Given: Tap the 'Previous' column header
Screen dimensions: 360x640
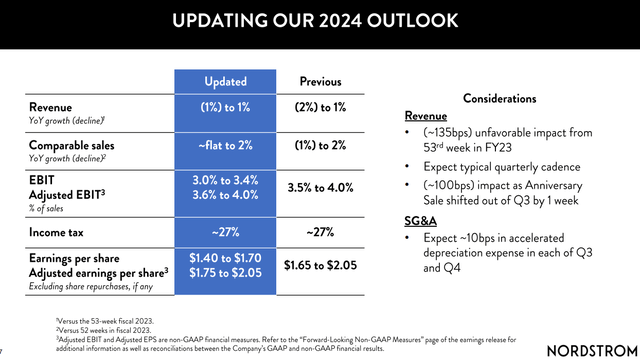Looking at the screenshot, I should coord(320,81).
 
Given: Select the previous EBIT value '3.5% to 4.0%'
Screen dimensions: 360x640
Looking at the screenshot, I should coord(320,188).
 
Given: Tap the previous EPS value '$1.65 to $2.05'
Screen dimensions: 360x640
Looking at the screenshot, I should coord(320,266).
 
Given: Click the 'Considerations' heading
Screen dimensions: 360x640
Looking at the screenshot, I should coord(499,98).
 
